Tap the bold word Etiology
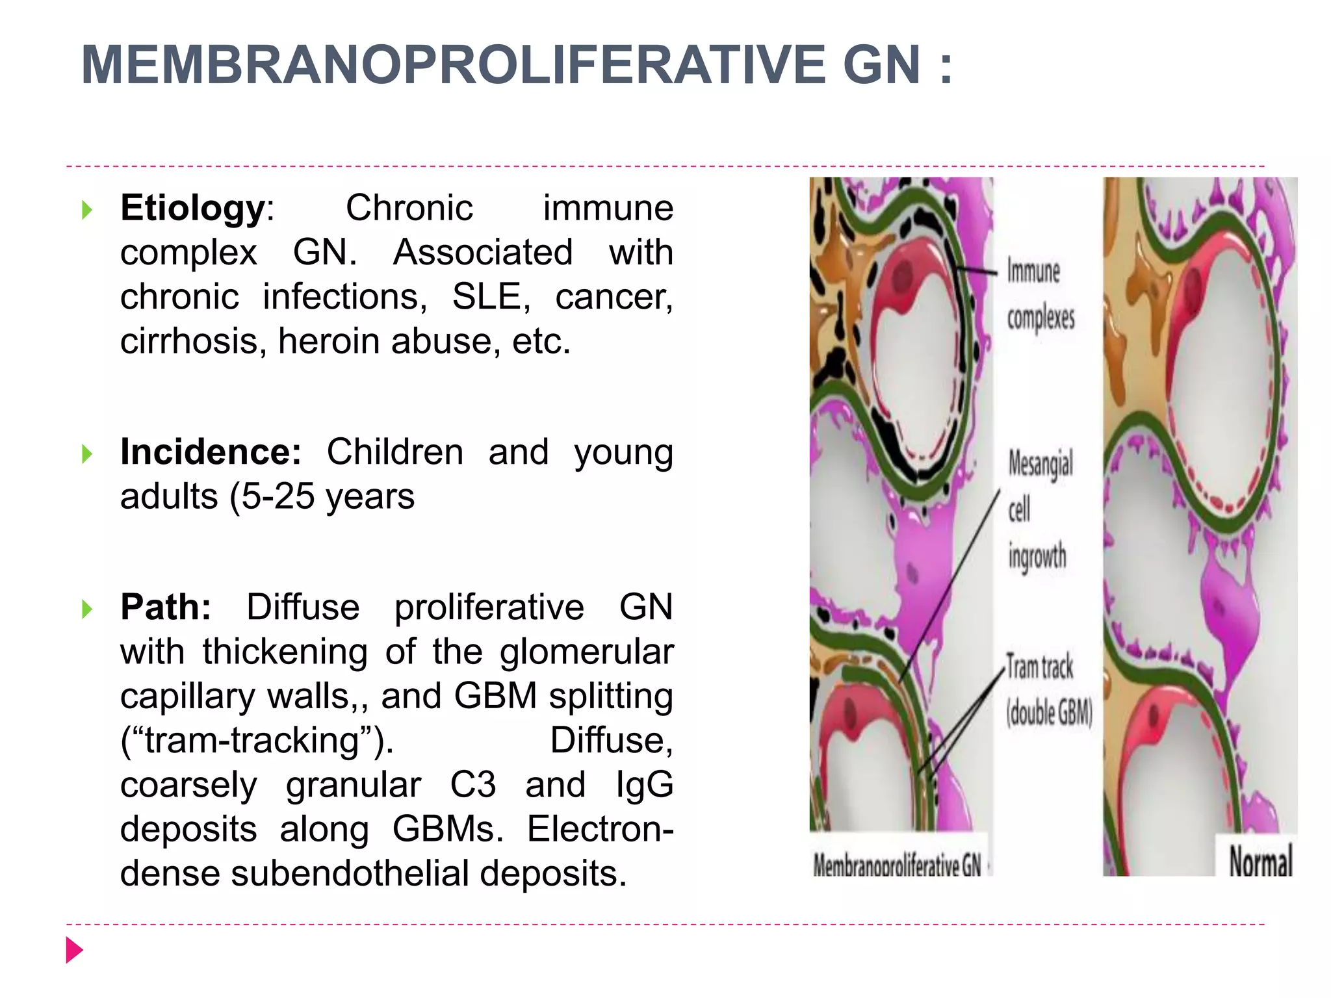click(192, 209)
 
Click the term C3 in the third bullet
click(473, 785)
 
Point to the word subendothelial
click(350, 874)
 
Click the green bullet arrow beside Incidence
click(87, 454)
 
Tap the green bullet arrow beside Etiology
click(87, 210)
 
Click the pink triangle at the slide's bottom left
click(75, 951)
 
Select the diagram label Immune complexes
click(1040, 294)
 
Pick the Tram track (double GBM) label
click(1048, 690)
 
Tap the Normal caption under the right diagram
click(1260, 862)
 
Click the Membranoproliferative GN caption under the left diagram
click(897, 865)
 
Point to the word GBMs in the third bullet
click(447, 830)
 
